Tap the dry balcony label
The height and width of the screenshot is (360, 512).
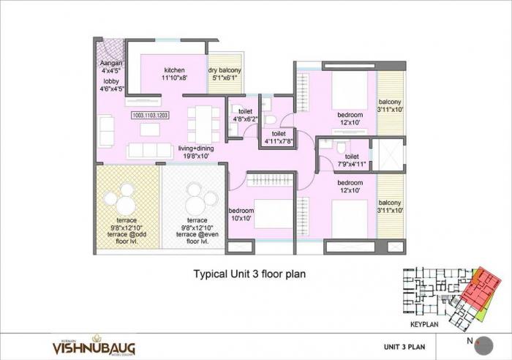tap(225, 72)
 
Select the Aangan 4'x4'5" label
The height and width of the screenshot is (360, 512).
tap(112, 67)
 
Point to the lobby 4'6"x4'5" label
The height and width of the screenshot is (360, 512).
tap(111, 85)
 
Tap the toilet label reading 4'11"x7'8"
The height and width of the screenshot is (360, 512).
tap(279, 138)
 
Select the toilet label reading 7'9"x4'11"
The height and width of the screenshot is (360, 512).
tap(352, 160)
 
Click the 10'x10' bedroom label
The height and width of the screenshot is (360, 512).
tap(241, 213)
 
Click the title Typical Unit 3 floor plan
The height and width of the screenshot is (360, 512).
tap(249, 274)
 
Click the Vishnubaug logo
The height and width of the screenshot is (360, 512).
tap(91, 345)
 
